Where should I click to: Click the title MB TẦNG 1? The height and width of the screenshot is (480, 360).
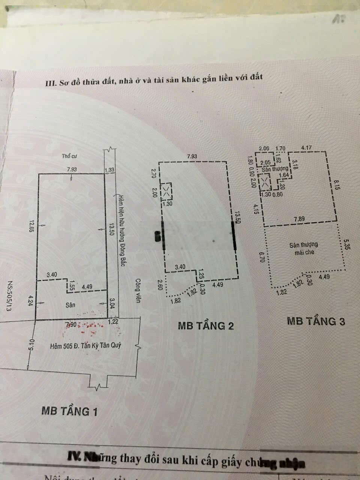point(69,411)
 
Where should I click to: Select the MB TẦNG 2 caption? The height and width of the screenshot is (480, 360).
point(205,325)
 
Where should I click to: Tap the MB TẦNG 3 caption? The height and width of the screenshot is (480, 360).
point(316,321)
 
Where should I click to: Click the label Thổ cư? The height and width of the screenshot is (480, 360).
point(69,156)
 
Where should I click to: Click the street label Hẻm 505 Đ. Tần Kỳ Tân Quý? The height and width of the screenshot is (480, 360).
point(85,345)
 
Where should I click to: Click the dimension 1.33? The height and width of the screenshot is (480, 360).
point(109,170)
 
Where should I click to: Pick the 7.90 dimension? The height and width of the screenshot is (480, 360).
point(71,324)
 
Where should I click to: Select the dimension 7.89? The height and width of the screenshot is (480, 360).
point(299,219)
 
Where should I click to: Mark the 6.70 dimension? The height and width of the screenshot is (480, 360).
point(261,256)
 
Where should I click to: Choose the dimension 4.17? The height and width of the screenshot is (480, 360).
point(306,148)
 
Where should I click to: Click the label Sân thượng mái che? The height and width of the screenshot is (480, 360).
point(304,248)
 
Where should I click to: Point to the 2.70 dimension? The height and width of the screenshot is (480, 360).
point(153,173)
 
